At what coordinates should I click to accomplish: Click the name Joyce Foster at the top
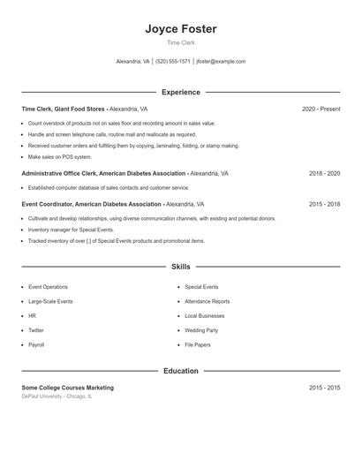click(x=181, y=29)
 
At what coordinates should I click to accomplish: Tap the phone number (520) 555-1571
click(x=173, y=62)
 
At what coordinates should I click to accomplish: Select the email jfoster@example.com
click(x=221, y=62)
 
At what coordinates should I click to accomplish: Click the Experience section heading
click(x=181, y=92)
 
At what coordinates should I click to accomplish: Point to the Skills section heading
click(x=181, y=266)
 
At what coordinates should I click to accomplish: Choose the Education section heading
click(x=181, y=371)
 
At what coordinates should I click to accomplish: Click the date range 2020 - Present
click(x=321, y=109)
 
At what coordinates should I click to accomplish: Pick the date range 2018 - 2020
click(x=324, y=174)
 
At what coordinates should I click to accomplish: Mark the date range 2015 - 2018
click(x=324, y=204)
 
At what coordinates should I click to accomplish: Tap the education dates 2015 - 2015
click(x=324, y=388)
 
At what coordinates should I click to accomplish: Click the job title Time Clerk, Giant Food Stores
click(x=63, y=109)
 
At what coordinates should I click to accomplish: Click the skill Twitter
click(x=36, y=330)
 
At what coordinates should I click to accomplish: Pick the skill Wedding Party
click(x=201, y=330)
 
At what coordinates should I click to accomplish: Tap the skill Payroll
click(x=36, y=344)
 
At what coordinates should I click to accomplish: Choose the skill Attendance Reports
click(x=207, y=301)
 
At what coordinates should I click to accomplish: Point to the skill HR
click(x=33, y=315)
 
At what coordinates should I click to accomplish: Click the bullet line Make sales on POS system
click(x=54, y=156)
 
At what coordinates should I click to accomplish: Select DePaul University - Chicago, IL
click(x=57, y=396)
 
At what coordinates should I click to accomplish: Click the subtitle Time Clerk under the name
click(x=181, y=43)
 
